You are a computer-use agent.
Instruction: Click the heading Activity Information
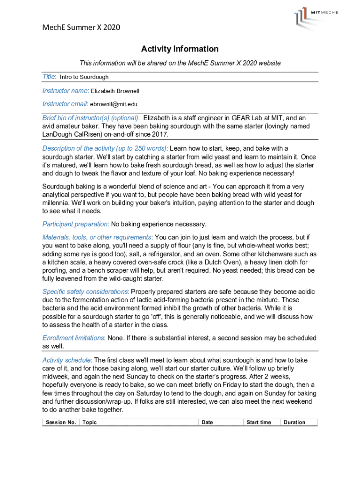(x=180, y=49)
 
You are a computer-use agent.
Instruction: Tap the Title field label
(x=49, y=77)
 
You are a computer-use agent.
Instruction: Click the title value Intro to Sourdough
(x=84, y=77)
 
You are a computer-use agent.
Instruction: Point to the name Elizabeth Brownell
(x=115, y=91)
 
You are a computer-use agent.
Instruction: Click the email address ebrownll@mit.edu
(x=114, y=104)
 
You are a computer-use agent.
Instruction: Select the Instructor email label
(x=65, y=104)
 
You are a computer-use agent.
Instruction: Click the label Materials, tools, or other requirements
(x=97, y=237)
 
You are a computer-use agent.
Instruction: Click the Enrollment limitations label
(x=73, y=338)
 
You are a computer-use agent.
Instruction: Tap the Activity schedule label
(x=67, y=360)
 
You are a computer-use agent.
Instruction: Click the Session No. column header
(x=61, y=422)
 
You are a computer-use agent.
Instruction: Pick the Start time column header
(x=259, y=422)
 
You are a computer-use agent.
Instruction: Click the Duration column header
(x=295, y=422)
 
